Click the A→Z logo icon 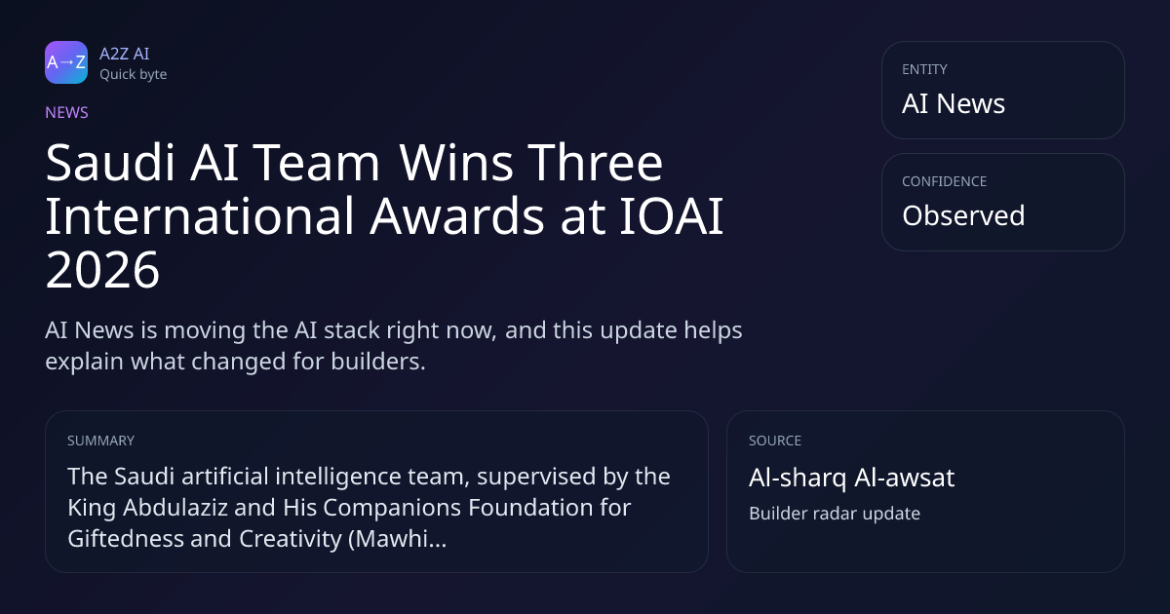[x=66, y=62]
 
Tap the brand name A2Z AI [x=125, y=54]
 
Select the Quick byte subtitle [x=134, y=75]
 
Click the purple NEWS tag [x=67, y=113]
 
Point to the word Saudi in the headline [x=110, y=163]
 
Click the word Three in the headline [x=595, y=163]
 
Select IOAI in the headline [x=671, y=216]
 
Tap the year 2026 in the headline [x=102, y=270]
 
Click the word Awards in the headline [x=457, y=216]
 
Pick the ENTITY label [x=924, y=69]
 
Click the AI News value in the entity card [x=954, y=103]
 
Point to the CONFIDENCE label [x=945, y=181]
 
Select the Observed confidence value [x=963, y=215]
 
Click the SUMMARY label [x=100, y=441]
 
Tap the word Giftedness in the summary [x=126, y=539]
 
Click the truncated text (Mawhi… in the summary [x=397, y=539]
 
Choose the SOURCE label [x=775, y=441]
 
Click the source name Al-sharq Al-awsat [x=852, y=478]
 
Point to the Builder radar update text [x=835, y=514]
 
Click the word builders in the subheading [x=378, y=362]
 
